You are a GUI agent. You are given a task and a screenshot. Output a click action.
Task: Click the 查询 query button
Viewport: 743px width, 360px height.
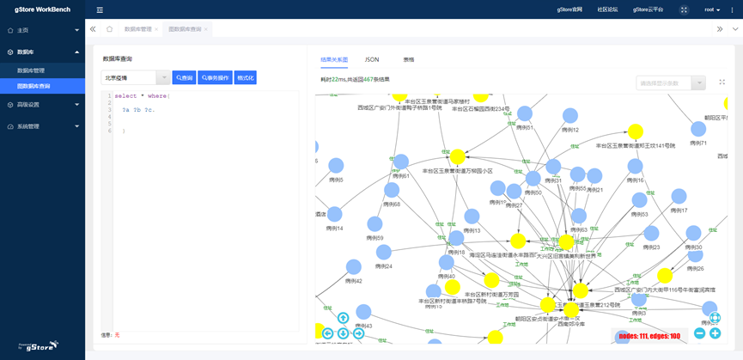pos(184,77)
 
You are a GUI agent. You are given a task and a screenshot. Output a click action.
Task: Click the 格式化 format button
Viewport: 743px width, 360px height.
pos(245,77)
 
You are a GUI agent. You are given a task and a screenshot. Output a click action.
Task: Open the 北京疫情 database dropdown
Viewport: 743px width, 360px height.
pos(136,77)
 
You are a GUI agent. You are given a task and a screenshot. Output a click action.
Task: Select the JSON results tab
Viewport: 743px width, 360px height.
pos(372,59)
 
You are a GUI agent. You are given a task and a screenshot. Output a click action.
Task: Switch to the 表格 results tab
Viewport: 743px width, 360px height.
pos(409,59)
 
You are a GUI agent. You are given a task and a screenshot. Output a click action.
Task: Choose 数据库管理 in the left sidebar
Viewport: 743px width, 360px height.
pos(31,70)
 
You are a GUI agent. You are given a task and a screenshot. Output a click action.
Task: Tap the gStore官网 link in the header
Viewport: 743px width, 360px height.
pos(569,9)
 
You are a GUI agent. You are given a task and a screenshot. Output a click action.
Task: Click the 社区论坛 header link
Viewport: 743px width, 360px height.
pos(607,9)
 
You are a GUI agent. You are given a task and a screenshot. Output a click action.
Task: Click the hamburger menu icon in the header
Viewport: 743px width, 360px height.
pos(100,10)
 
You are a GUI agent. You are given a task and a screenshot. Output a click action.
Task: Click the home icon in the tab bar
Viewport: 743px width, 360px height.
pos(109,29)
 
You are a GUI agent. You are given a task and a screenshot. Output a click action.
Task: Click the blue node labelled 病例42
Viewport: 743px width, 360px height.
pos(353,268)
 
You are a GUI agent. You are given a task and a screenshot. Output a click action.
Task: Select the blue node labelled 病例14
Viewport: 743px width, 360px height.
pos(335,215)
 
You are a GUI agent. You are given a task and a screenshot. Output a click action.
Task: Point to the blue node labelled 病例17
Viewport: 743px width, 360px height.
pos(679,197)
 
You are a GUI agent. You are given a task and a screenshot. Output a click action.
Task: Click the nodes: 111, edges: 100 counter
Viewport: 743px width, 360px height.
pos(649,336)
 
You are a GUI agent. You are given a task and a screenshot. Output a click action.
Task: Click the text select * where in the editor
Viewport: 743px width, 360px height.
pos(142,95)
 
